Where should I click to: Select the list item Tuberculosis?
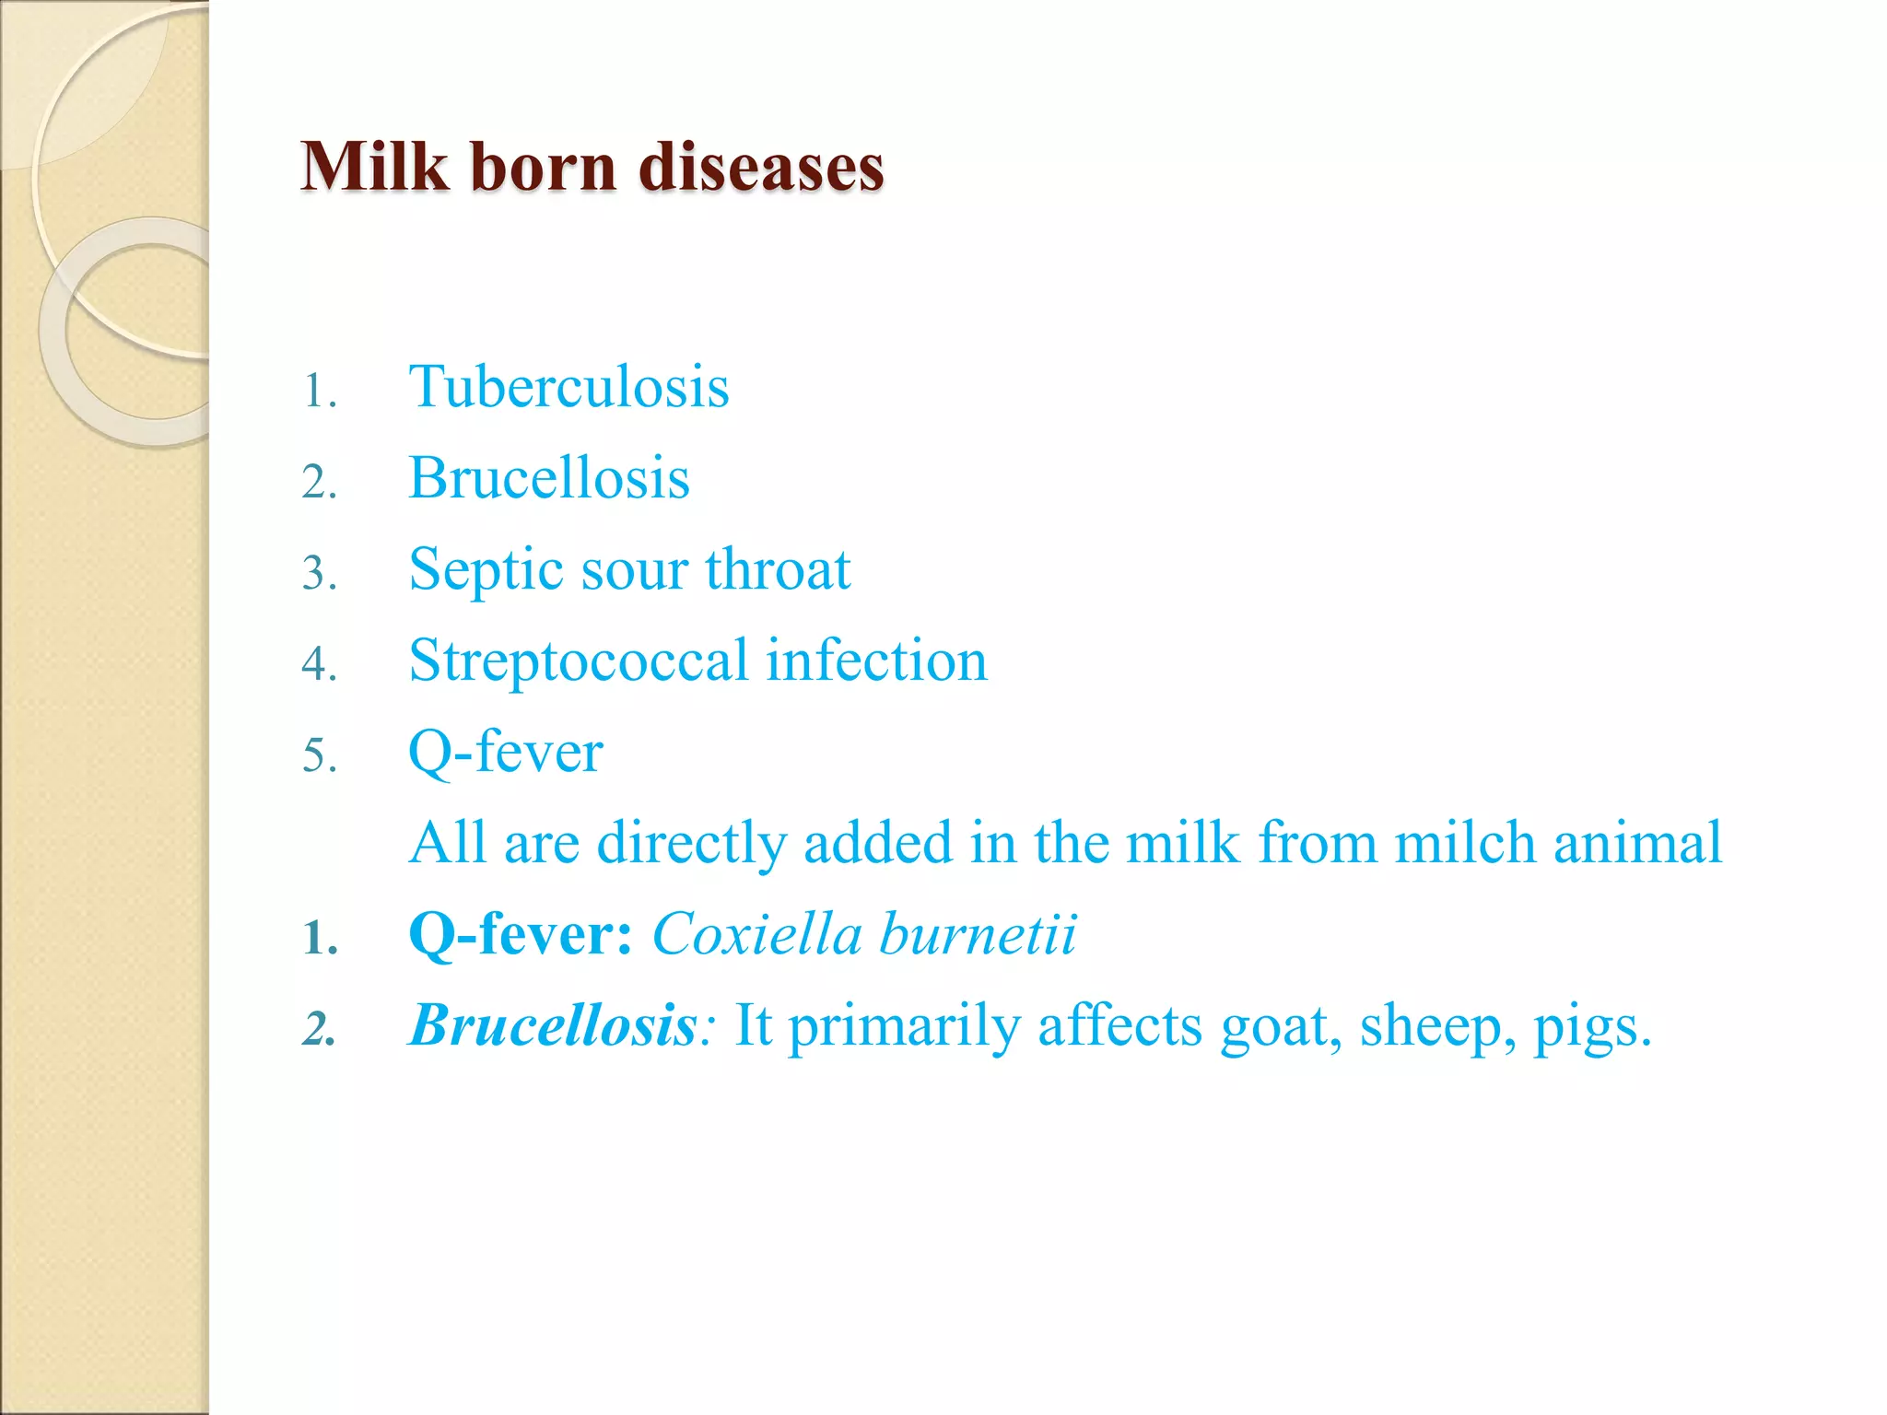click(568, 387)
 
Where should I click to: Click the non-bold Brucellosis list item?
click(549, 478)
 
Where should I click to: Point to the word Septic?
click(486, 570)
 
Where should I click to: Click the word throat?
click(778, 569)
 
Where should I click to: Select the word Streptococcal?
click(578, 661)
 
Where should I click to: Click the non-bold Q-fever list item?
click(505, 753)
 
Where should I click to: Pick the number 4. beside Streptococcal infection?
click(319, 664)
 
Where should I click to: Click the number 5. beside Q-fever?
click(319, 756)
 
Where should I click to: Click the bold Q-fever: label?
click(521, 935)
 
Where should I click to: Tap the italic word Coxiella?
click(756, 934)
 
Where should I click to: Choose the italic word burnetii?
click(978, 934)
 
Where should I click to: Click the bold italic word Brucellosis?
click(553, 1025)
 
